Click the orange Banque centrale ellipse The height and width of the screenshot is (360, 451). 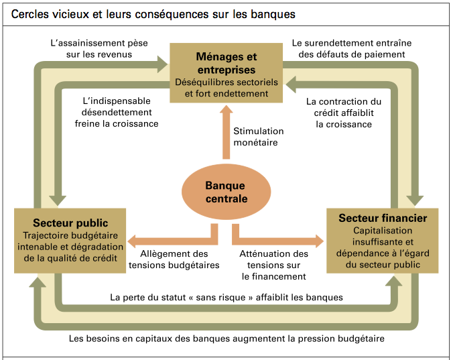226,192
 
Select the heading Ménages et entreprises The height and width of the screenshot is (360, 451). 227,63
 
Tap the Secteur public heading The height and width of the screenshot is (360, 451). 70,223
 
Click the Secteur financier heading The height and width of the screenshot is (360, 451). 383,218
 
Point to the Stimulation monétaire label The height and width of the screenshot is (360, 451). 258,137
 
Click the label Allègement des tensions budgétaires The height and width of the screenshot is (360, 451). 174,259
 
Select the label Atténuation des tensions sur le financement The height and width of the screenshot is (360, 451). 274,265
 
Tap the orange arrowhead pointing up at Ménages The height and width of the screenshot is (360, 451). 227,110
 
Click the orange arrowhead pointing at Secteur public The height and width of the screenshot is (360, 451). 132,241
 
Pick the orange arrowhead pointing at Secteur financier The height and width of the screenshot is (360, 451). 319,241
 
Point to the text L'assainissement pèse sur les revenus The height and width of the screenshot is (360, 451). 99,49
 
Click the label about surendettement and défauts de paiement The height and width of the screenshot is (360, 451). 352,49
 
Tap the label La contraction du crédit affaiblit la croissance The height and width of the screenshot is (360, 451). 344,113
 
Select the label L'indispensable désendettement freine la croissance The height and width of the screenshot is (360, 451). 117,112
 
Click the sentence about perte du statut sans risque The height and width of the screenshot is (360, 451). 227,297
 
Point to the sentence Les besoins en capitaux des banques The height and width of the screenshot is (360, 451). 227,339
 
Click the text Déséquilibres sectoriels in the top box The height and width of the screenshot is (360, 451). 227,82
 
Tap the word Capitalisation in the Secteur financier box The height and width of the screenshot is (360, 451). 383,231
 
